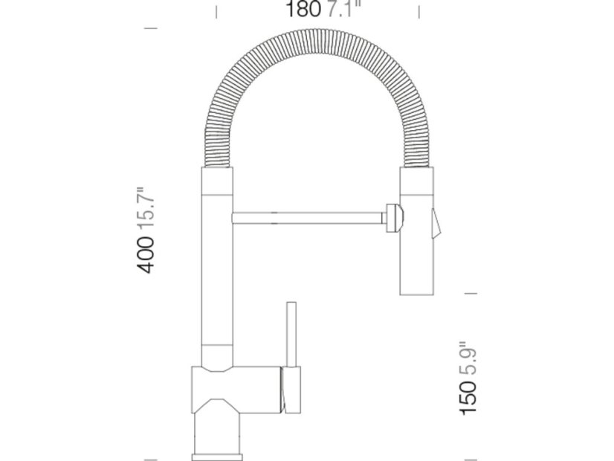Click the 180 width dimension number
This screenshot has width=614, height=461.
coord(303,9)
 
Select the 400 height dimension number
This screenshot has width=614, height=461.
coord(145,254)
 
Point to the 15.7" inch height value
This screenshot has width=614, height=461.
coord(145,209)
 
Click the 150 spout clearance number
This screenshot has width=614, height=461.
coord(468,397)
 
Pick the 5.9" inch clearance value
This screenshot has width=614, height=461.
coord(468,358)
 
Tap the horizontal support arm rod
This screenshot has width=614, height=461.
coord(308,218)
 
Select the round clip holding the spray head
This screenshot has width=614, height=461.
coord(394,218)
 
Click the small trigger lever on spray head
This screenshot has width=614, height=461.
coord(436,224)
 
